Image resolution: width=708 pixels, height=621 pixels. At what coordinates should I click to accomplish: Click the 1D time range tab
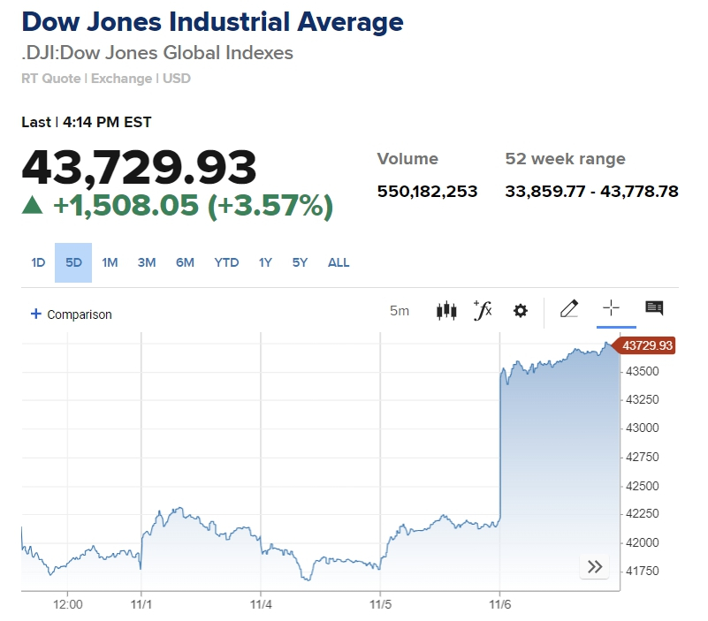pyautogui.click(x=38, y=262)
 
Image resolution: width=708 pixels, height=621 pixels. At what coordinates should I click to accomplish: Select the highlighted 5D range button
pyautogui.click(x=73, y=262)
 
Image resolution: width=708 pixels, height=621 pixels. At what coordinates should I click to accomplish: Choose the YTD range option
pyautogui.click(x=226, y=262)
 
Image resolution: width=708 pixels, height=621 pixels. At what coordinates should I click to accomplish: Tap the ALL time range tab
pyautogui.click(x=339, y=262)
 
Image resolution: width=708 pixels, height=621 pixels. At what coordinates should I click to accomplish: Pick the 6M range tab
pyautogui.click(x=185, y=262)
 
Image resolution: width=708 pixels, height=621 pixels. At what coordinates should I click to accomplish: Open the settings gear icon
pyautogui.click(x=521, y=310)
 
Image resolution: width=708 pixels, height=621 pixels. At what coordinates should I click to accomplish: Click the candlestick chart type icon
pyautogui.click(x=447, y=310)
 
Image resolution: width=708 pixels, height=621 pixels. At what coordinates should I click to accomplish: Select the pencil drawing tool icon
pyautogui.click(x=569, y=308)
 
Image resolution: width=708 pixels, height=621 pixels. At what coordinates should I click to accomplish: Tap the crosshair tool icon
pyautogui.click(x=611, y=308)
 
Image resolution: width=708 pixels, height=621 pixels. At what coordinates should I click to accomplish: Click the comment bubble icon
pyautogui.click(x=654, y=308)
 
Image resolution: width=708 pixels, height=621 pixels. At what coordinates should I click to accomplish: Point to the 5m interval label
pyautogui.click(x=400, y=311)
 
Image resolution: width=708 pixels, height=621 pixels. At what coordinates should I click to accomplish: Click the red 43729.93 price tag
pyautogui.click(x=647, y=345)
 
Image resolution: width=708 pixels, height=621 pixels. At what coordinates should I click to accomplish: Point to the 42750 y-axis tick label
pyautogui.click(x=643, y=457)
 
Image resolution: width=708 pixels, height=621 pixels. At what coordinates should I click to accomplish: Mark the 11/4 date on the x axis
pyautogui.click(x=260, y=605)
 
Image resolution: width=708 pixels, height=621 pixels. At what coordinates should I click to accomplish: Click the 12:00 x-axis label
pyautogui.click(x=68, y=605)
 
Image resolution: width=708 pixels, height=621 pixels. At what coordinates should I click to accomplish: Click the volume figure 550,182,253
pyautogui.click(x=427, y=191)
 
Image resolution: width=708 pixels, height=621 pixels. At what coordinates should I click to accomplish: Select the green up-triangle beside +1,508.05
pyautogui.click(x=33, y=206)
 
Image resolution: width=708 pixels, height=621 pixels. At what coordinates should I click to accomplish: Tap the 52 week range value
pyautogui.click(x=591, y=191)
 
